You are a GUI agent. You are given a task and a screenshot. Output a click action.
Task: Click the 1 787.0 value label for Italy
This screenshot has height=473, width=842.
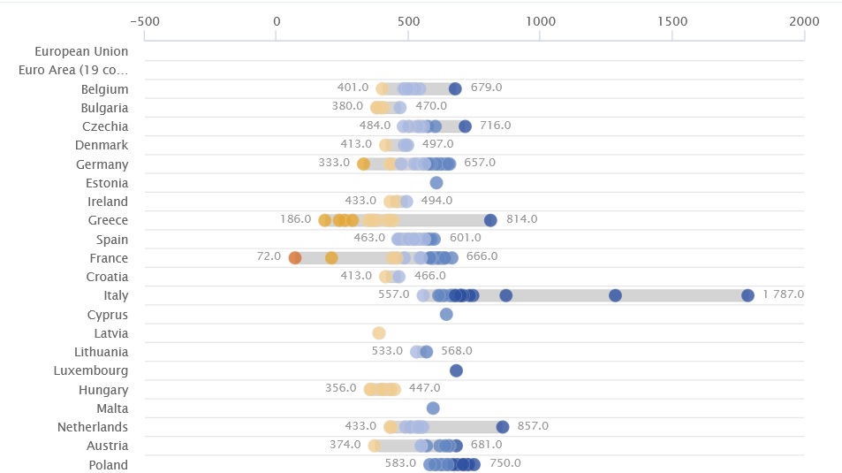(783, 295)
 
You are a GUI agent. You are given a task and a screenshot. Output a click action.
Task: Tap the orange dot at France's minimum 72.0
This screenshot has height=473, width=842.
(295, 258)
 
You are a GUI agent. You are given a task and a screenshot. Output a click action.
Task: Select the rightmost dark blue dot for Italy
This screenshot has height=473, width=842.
(747, 296)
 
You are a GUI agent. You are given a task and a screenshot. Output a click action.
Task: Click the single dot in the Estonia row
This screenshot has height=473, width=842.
(436, 183)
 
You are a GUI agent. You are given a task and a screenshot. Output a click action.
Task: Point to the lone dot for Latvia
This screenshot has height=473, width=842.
(379, 333)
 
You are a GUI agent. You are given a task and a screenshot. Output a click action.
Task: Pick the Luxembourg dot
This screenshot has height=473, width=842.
(456, 371)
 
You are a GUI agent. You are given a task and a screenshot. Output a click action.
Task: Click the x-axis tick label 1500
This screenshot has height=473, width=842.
(672, 21)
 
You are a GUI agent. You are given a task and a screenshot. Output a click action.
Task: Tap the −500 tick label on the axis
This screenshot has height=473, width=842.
(144, 21)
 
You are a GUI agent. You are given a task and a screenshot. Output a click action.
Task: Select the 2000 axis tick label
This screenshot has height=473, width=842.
(804, 21)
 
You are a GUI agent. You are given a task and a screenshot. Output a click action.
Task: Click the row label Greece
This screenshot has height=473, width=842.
(108, 220)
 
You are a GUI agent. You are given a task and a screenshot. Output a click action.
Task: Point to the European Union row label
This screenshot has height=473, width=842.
(81, 51)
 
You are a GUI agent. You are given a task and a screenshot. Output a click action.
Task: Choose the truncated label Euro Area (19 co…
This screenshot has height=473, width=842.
(73, 70)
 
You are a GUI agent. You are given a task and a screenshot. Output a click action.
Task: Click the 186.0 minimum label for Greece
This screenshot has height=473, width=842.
(296, 220)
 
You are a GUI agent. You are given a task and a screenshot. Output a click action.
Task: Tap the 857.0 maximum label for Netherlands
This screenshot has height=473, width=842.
(533, 426)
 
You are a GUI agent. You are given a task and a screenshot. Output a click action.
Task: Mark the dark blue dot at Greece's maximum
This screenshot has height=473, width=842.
(490, 221)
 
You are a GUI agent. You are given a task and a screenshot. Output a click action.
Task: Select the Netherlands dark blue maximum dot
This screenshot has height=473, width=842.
(503, 427)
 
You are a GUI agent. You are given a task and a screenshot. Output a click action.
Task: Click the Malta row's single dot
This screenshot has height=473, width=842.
(433, 408)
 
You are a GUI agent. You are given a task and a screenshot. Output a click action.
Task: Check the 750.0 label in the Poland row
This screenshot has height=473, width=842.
(504, 463)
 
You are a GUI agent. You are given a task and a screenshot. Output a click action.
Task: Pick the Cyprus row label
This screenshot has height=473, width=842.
(108, 315)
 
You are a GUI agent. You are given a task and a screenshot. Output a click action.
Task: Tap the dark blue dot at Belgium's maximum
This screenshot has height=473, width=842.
(455, 88)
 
